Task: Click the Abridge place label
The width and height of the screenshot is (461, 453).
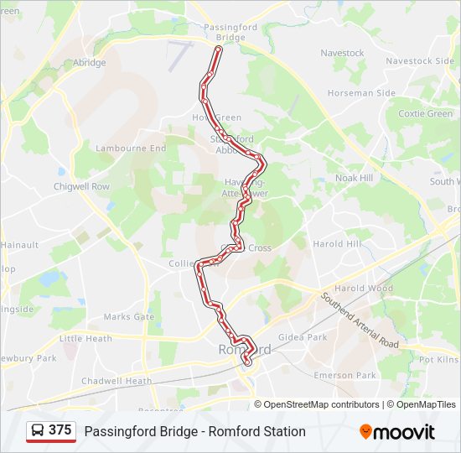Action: (x=89, y=63)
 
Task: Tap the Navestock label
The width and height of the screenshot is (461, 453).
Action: (x=343, y=53)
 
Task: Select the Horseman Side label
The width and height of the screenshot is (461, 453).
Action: (x=361, y=93)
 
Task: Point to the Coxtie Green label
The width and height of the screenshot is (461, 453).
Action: (x=425, y=113)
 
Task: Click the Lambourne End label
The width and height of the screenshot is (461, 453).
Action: (x=131, y=148)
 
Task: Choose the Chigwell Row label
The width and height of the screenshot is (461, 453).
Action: (x=82, y=186)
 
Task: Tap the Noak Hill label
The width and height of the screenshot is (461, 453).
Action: (x=354, y=178)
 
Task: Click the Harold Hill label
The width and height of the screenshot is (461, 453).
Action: (x=336, y=244)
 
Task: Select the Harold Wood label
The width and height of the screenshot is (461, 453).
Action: (x=364, y=289)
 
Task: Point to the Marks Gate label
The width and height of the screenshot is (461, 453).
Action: (x=129, y=317)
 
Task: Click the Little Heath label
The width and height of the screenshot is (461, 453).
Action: (x=85, y=339)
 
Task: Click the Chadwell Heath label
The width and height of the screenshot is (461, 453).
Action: (x=117, y=381)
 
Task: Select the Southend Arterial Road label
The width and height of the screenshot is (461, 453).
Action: (x=358, y=320)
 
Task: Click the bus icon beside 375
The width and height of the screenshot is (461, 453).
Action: (x=38, y=430)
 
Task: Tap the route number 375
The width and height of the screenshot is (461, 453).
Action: (x=60, y=430)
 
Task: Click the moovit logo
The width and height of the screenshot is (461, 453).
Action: (x=397, y=432)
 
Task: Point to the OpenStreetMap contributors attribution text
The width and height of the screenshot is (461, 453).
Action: (x=322, y=404)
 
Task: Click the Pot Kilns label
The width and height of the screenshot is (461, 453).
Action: (x=439, y=359)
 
